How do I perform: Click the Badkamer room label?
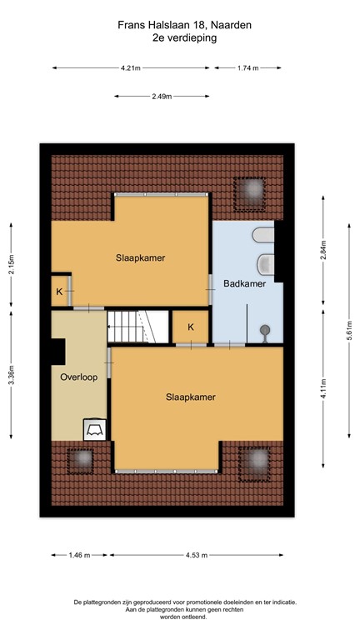244,284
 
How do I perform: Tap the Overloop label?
79,377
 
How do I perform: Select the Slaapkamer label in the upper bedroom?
140,257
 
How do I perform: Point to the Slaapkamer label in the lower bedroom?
190,397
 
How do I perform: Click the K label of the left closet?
59,292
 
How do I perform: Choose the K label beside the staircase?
191,327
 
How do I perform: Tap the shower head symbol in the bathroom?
265,330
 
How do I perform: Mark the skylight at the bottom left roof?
80,459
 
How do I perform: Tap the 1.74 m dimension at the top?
248,68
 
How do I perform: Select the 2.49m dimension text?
162,97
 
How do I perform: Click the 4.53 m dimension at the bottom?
197,554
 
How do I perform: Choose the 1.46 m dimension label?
81,554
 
